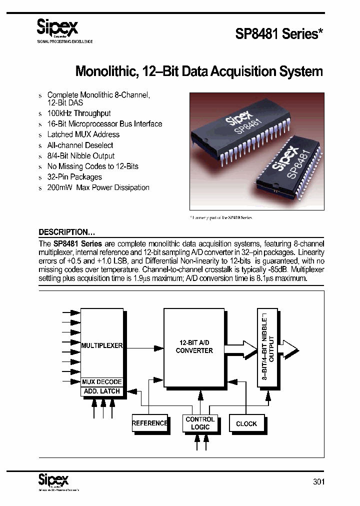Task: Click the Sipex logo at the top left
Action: point(58,28)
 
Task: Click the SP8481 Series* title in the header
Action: point(279,34)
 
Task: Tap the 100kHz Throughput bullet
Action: point(79,113)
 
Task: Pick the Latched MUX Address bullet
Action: point(83,134)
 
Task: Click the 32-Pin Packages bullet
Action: point(74,177)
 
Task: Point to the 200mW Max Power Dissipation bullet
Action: point(98,187)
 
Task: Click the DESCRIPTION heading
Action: point(67,232)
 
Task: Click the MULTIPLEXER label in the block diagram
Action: point(102,345)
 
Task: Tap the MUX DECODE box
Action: point(102,382)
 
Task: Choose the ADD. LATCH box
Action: point(102,391)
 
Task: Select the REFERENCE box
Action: point(149,423)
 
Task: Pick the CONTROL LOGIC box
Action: point(200,423)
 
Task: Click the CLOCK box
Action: point(246,423)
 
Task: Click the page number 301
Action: point(318,482)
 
